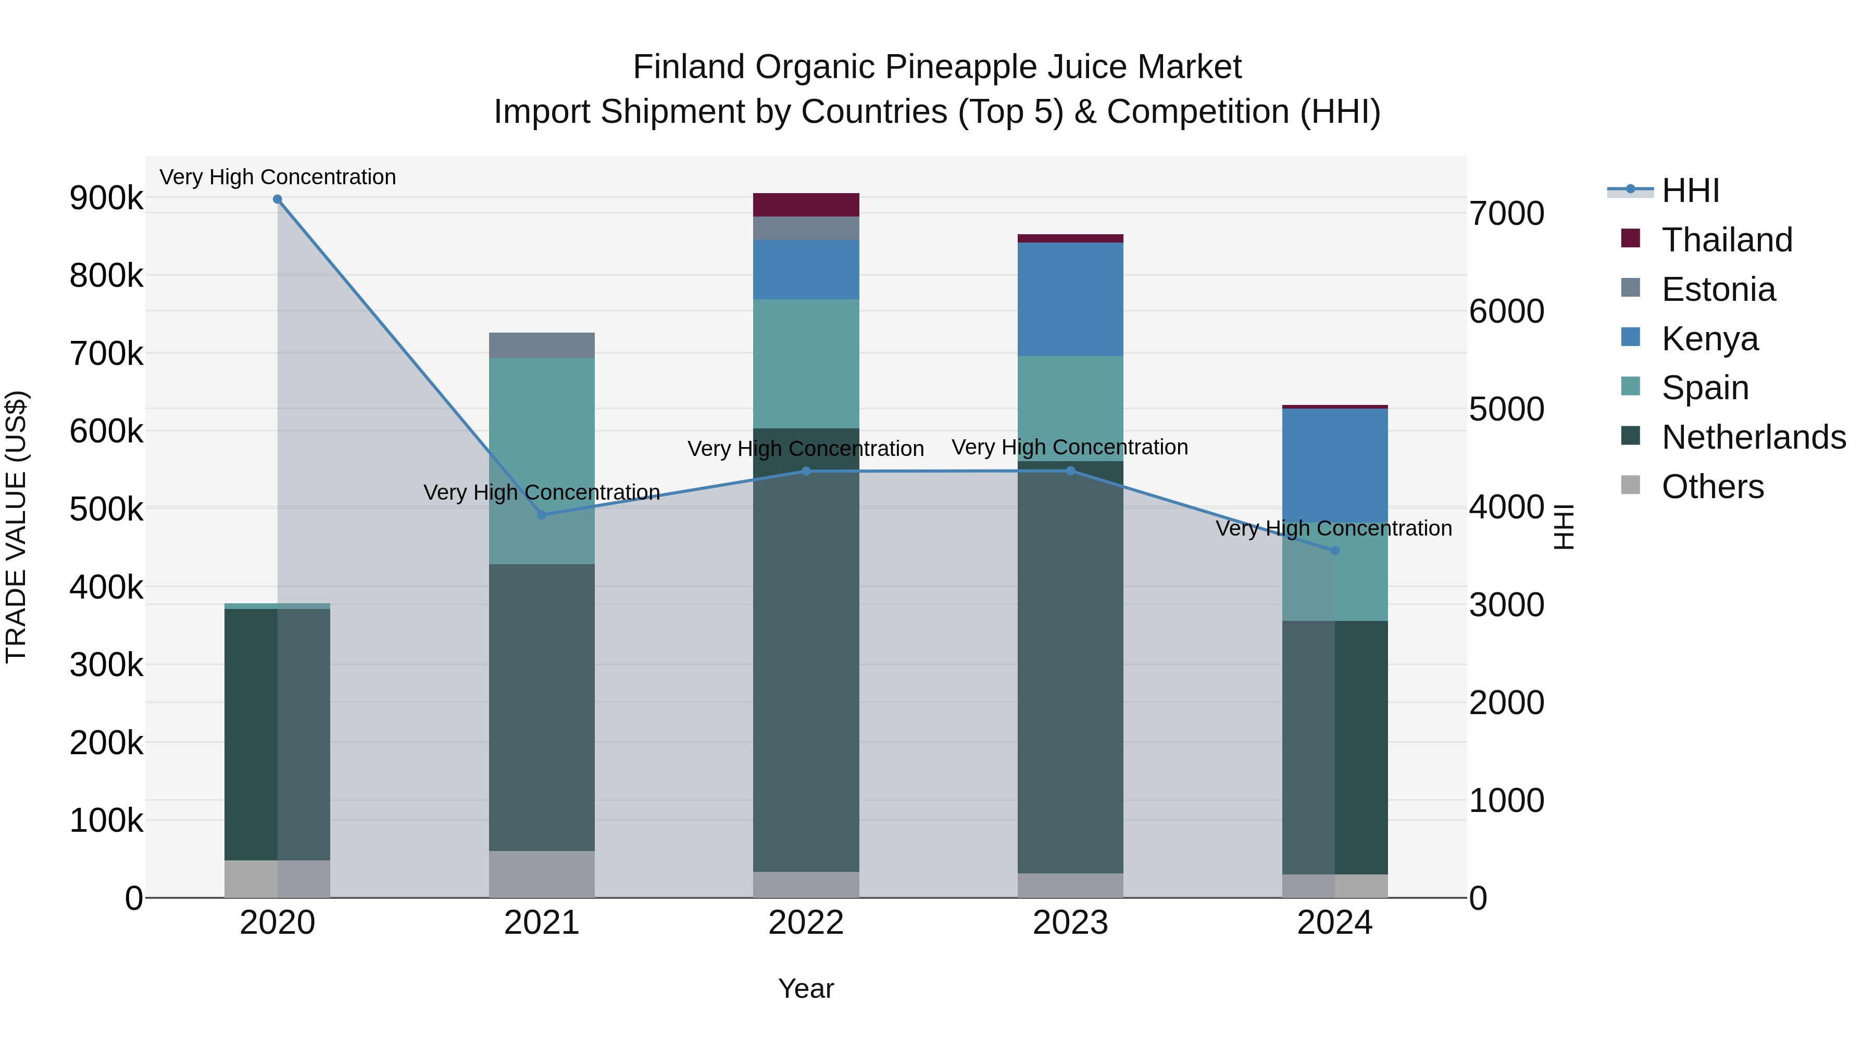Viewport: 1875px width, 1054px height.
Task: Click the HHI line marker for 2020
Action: pyautogui.click(x=277, y=199)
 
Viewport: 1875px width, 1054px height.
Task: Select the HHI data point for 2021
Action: pyautogui.click(x=542, y=515)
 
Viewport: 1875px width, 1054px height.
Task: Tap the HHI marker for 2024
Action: pyautogui.click(x=1335, y=551)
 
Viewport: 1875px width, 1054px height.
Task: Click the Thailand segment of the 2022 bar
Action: pyautogui.click(x=806, y=205)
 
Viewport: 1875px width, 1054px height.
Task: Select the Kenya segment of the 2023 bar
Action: pyautogui.click(x=1070, y=299)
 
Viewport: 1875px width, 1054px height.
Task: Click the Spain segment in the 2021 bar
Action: pyautogui.click(x=542, y=437)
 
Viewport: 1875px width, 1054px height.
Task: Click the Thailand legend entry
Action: pyautogui.click(x=1727, y=240)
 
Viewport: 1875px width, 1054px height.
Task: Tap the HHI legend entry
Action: pyautogui.click(x=1690, y=191)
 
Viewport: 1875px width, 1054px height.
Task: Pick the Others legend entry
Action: pyautogui.click(x=1712, y=487)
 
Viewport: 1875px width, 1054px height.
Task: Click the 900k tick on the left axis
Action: pyautogui.click(x=106, y=198)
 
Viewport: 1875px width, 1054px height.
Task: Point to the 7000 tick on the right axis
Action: pyautogui.click(x=1506, y=214)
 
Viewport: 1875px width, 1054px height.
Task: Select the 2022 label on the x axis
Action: pyautogui.click(x=806, y=923)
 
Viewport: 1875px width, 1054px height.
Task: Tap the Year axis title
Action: pyautogui.click(x=806, y=988)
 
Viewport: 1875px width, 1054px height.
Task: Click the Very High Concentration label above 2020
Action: pyautogui.click(x=277, y=177)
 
